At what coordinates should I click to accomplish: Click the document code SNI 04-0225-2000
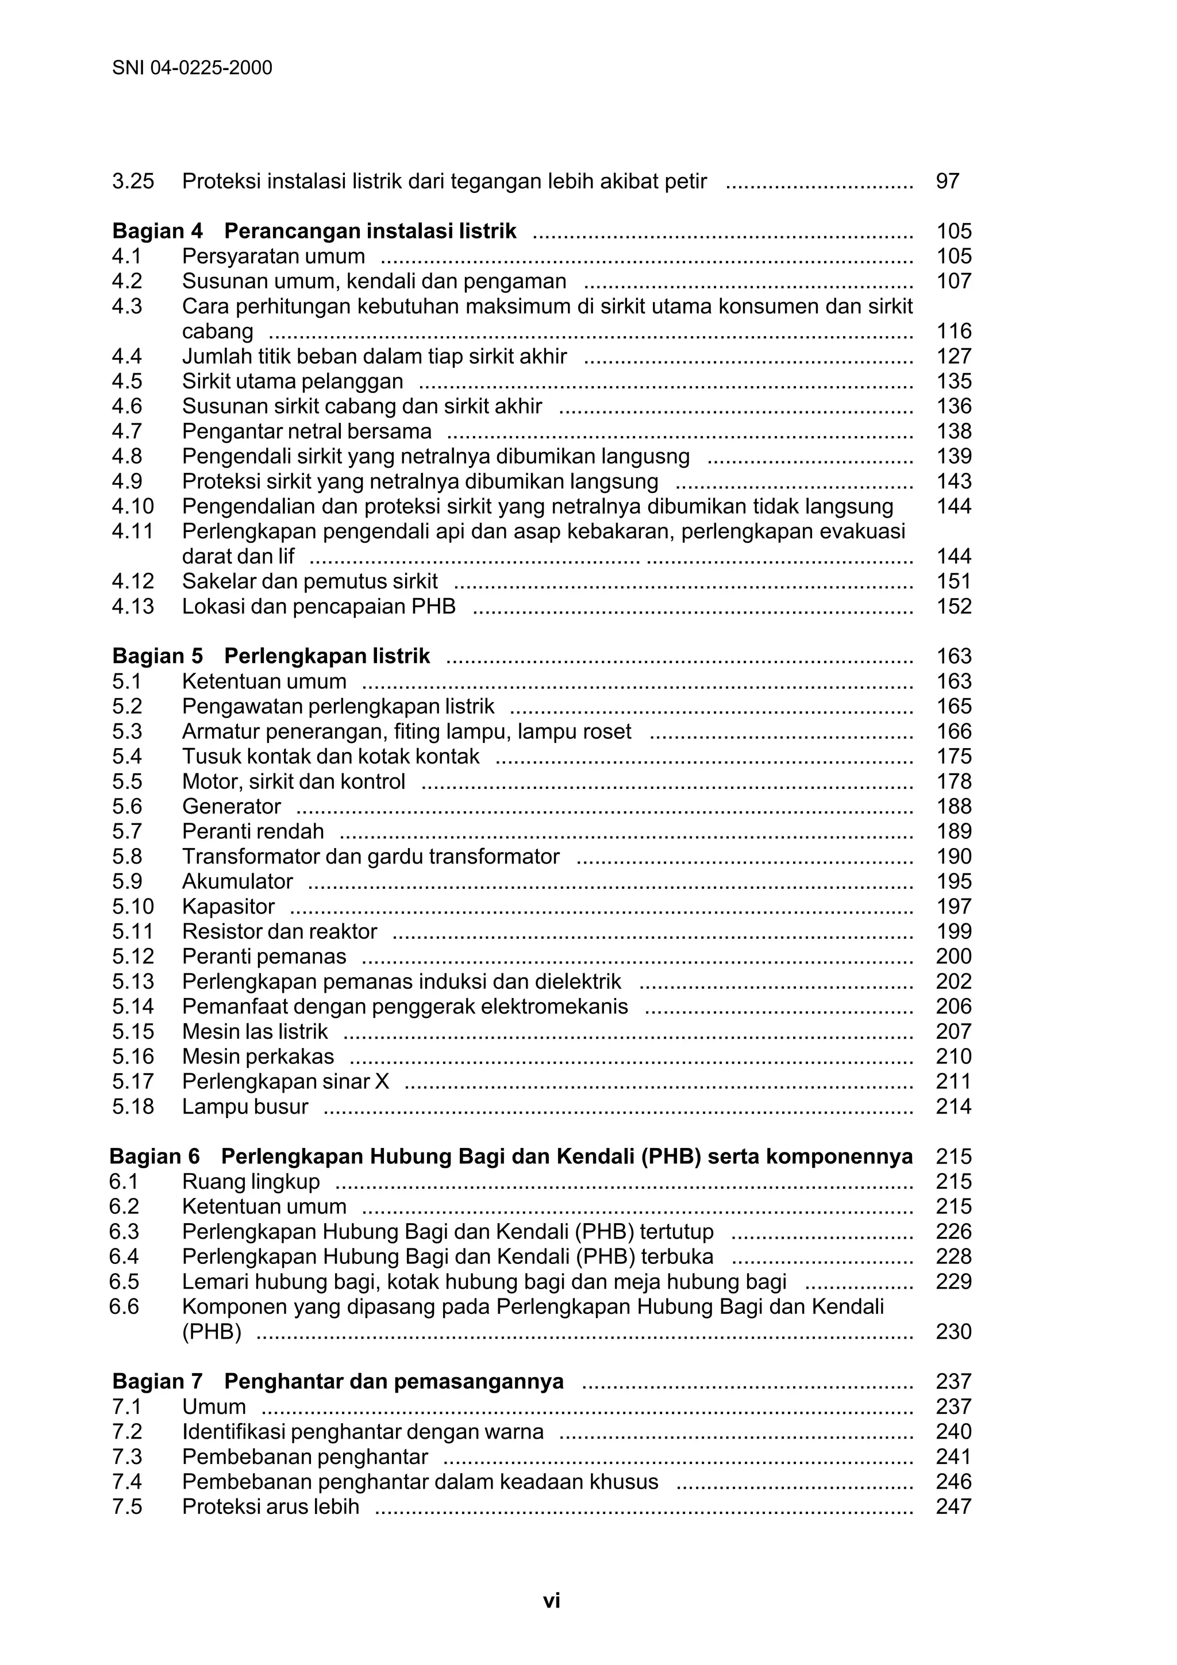pyautogui.click(x=192, y=68)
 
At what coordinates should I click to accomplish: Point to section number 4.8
pyautogui.click(x=127, y=456)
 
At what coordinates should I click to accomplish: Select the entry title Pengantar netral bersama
pyautogui.click(x=306, y=431)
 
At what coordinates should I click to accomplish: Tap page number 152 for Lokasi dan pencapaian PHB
pyautogui.click(x=953, y=606)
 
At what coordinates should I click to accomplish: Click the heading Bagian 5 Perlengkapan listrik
pyautogui.click(x=271, y=656)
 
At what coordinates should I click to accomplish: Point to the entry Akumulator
pyautogui.click(x=237, y=881)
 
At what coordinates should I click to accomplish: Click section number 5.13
pyautogui.click(x=133, y=981)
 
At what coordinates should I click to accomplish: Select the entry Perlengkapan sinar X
pyautogui.click(x=285, y=1081)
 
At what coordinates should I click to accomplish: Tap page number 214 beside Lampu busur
pyautogui.click(x=953, y=1107)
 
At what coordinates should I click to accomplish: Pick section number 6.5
pyautogui.click(x=124, y=1281)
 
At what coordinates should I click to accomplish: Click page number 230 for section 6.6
pyautogui.click(x=953, y=1331)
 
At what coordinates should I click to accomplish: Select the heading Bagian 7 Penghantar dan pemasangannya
pyautogui.click(x=337, y=1381)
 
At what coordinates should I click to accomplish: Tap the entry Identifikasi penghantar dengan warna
pyautogui.click(x=362, y=1432)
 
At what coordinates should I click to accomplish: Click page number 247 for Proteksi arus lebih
pyautogui.click(x=953, y=1506)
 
